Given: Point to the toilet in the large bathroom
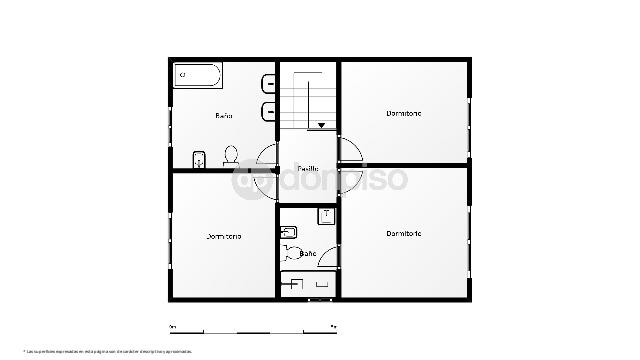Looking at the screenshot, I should tap(230, 155).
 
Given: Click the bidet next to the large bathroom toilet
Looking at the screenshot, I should tap(199, 158).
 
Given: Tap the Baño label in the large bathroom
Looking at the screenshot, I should tap(224, 116).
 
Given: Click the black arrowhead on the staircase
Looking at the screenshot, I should tap(322, 125).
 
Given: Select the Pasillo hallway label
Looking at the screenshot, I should tap(308, 168).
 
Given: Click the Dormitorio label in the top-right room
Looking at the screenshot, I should tap(404, 113).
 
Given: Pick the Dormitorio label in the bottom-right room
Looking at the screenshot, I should tap(404, 233).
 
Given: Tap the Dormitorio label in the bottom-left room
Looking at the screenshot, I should tap(224, 237).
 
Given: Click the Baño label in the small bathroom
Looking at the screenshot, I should tap(308, 255).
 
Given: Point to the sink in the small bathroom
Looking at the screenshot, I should tap(289, 233).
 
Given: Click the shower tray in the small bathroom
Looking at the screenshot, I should tap(308, 284).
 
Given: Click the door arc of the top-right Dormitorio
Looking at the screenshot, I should tap(353, 149).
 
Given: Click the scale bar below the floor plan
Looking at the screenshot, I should tap(253, 330).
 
